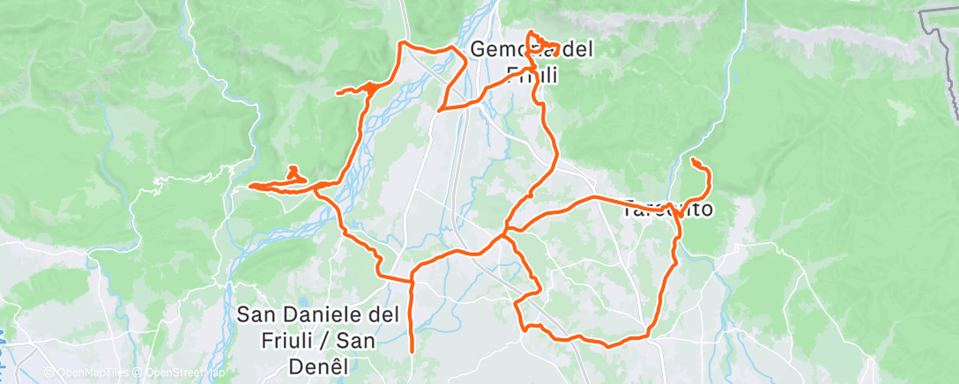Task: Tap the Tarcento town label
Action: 667,210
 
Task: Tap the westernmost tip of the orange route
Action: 250,186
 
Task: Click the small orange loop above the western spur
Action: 294,173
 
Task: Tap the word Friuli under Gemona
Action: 533,74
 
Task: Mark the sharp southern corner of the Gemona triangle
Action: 439,110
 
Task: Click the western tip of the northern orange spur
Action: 338,92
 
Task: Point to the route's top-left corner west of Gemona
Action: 403,42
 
